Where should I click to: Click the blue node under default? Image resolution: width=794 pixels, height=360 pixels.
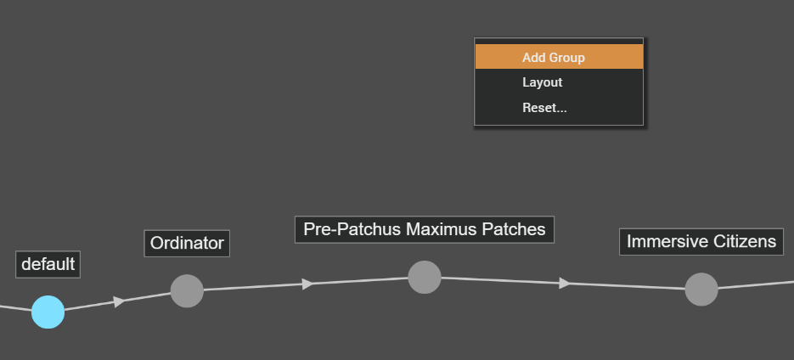[48, 312]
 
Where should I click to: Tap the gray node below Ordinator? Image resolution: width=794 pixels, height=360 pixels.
[187, 291]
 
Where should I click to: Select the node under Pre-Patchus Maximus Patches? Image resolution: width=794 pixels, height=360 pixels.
[425, 277]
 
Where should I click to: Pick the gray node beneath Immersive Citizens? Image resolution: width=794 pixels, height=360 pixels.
[701, 290]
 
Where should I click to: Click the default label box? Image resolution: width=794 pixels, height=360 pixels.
[48, 264]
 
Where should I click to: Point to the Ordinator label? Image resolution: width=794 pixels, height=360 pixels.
[187, 244]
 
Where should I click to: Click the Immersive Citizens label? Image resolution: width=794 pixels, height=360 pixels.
[701, 241]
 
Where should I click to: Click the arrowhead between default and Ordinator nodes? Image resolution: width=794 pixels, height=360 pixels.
[119, 301]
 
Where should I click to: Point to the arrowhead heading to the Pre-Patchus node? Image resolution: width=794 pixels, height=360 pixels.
[307, 284]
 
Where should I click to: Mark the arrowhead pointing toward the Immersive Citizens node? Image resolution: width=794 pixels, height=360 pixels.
[564, 283]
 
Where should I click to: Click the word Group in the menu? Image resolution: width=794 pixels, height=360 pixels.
[566, 57]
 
